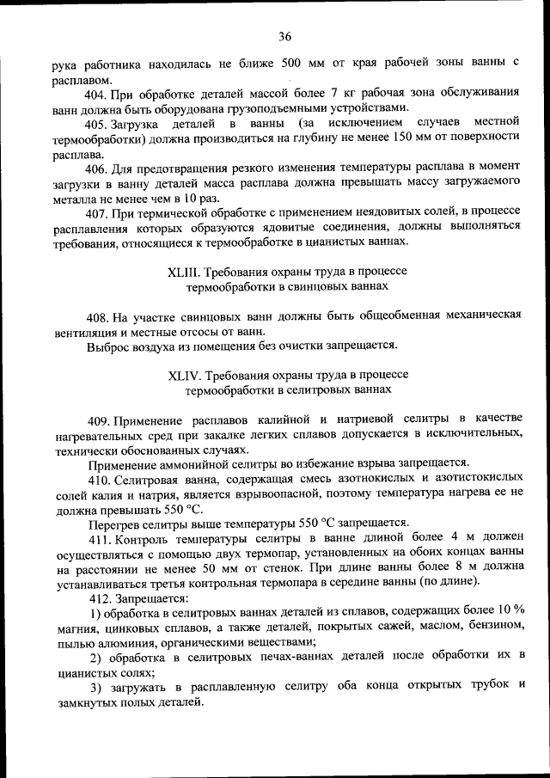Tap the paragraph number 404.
point(98,93)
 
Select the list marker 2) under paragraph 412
point(97,658)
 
